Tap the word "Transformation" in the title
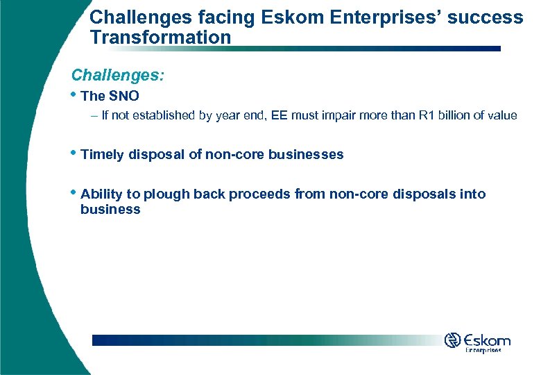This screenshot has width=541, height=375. point(160,37)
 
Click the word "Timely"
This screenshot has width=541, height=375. point(102,154)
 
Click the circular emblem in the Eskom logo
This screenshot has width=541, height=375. point(453,340)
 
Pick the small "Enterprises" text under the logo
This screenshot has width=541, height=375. point(483,351)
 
